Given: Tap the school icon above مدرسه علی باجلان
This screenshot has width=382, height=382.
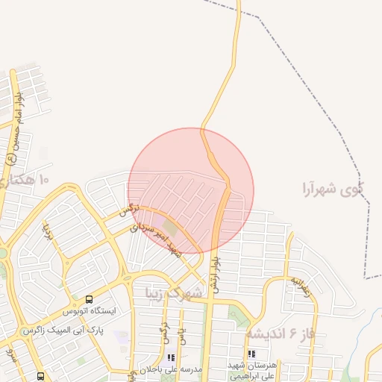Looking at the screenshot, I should point(172,357).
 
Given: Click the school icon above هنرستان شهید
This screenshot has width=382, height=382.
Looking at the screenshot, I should point(251,354).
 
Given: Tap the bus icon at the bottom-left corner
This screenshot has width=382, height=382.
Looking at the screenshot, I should point(40,376).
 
